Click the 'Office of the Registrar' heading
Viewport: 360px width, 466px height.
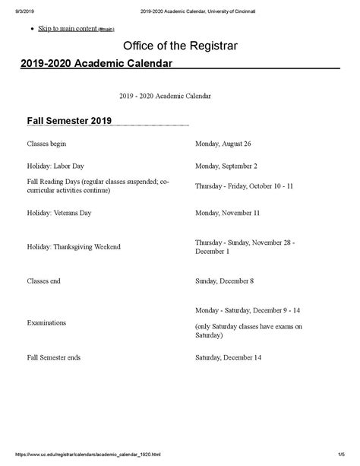tap(180, 46)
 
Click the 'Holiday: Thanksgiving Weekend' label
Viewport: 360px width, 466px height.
tap(74, 247)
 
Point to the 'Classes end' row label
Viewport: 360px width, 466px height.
tap(45, 281)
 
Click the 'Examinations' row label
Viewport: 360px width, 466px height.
tap(46, 322)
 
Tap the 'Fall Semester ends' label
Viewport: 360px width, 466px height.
tap(55, 357)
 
